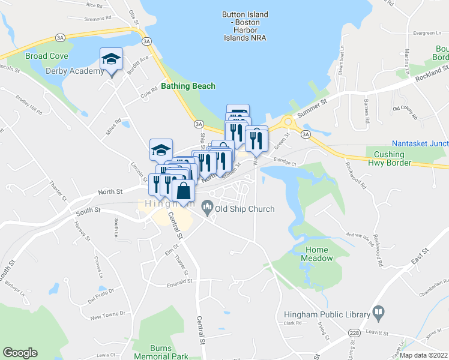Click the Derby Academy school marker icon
pos(111,59)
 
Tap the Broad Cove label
pos(47,56)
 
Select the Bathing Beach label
pos(188,86)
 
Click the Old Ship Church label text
pos(245,209)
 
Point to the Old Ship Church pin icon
pos(208,208)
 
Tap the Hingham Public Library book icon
pos(378,311)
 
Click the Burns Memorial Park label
pos(168,350)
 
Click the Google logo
pos(20,353)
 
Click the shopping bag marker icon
pos(183,190)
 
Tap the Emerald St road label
pos(178,280)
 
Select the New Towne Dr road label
pos(107,313)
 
